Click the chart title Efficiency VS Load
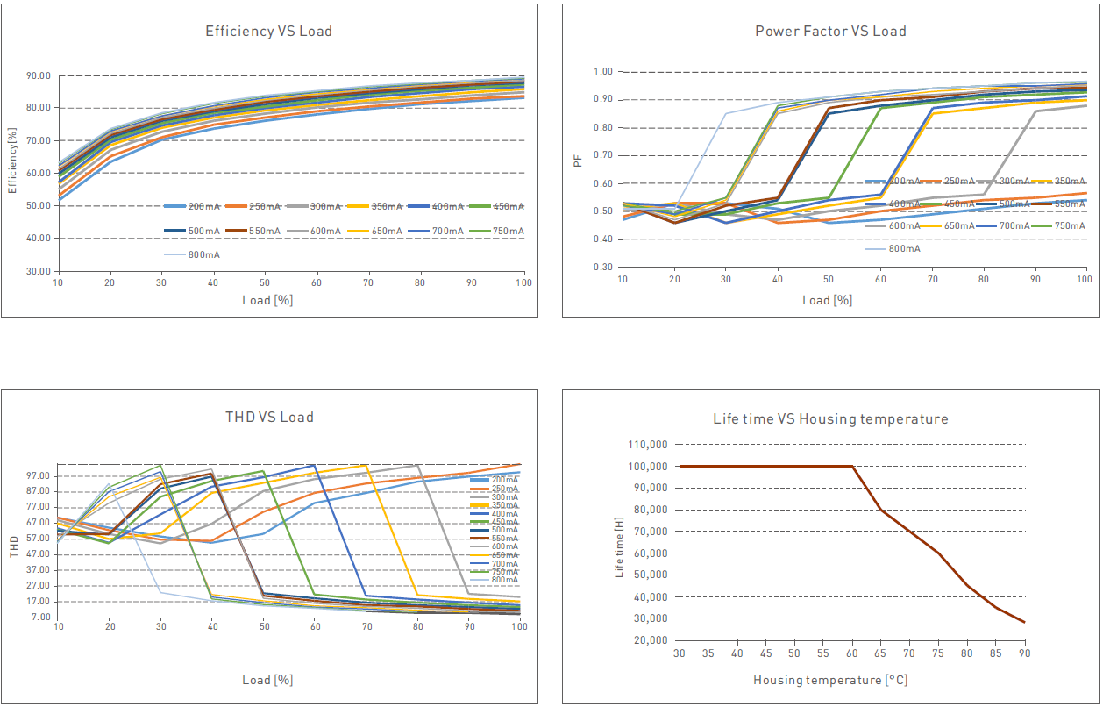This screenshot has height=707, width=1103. coord(268,32)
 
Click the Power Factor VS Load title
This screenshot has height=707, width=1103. coord(830,32)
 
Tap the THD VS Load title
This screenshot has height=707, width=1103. coord(268,417)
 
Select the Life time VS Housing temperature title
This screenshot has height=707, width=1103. coord(830,419)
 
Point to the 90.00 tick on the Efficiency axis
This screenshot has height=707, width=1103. coord(38,75)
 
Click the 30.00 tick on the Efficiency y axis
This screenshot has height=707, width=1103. coord(38,271)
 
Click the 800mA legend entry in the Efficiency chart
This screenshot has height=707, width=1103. coord(203,254)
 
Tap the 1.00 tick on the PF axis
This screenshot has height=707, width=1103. coord(603,72)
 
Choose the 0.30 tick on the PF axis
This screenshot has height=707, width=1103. coord(603,267)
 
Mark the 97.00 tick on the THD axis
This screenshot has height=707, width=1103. coord(38,475)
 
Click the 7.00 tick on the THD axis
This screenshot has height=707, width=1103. coord(39,617)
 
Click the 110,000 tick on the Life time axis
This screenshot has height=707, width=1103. coord(647,445)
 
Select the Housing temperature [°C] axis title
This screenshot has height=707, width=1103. coord(829,680)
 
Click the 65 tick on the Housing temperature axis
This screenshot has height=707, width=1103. coord(880,653)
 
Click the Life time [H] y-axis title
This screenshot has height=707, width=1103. coord(619,547)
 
